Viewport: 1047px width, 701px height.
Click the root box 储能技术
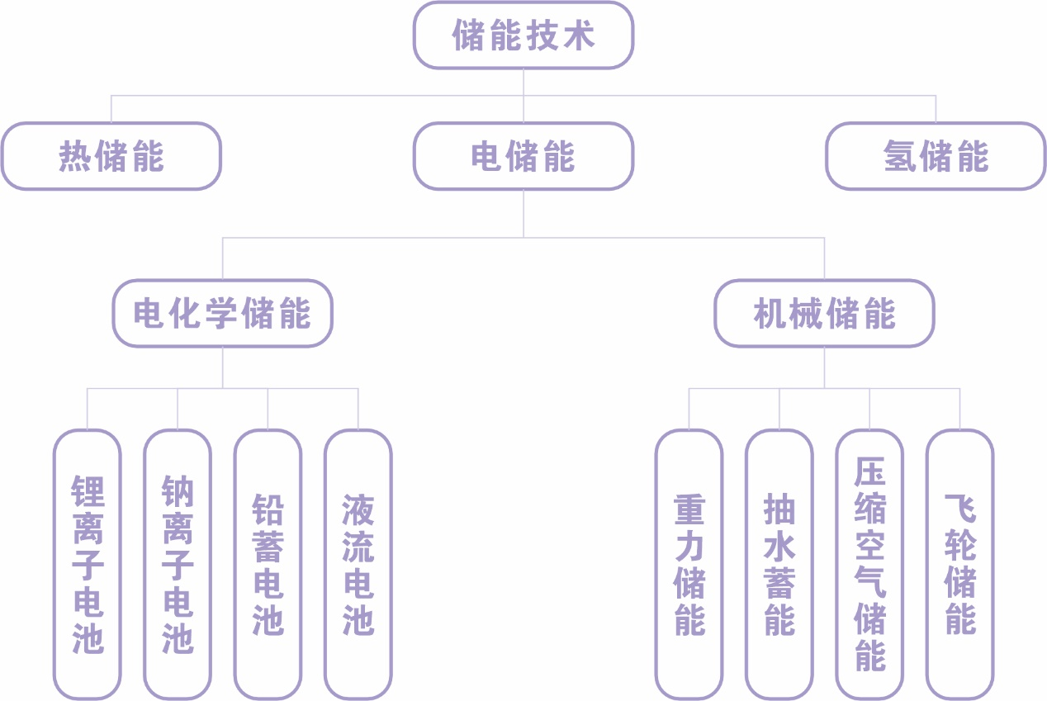tap(523, 36)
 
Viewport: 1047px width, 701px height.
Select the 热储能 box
tap(111, 156)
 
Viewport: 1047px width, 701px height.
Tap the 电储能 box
tap(523, 156)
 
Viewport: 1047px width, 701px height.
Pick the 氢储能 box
tap(936, 156)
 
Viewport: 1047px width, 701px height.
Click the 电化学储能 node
tap(222, 314)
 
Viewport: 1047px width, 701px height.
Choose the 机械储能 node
tap(824, 314)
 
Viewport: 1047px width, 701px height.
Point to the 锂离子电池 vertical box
tap(88, 564)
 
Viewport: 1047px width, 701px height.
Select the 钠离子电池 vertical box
tap(178, 564)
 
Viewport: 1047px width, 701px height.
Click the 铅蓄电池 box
tap(268, 564)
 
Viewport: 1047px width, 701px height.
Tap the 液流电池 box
tap(358, 564)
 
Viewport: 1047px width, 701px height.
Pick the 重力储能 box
tap(689, 564)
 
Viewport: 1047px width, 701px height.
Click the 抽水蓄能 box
tap(779, 564)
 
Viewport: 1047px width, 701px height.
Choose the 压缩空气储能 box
tap(869, 564)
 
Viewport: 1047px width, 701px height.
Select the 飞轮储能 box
tap(959, 564)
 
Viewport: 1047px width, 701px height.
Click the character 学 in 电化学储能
tap(222, 314)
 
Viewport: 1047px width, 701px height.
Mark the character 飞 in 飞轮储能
tap(959, 509)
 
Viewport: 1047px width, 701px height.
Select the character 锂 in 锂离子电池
tap(88, 491)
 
